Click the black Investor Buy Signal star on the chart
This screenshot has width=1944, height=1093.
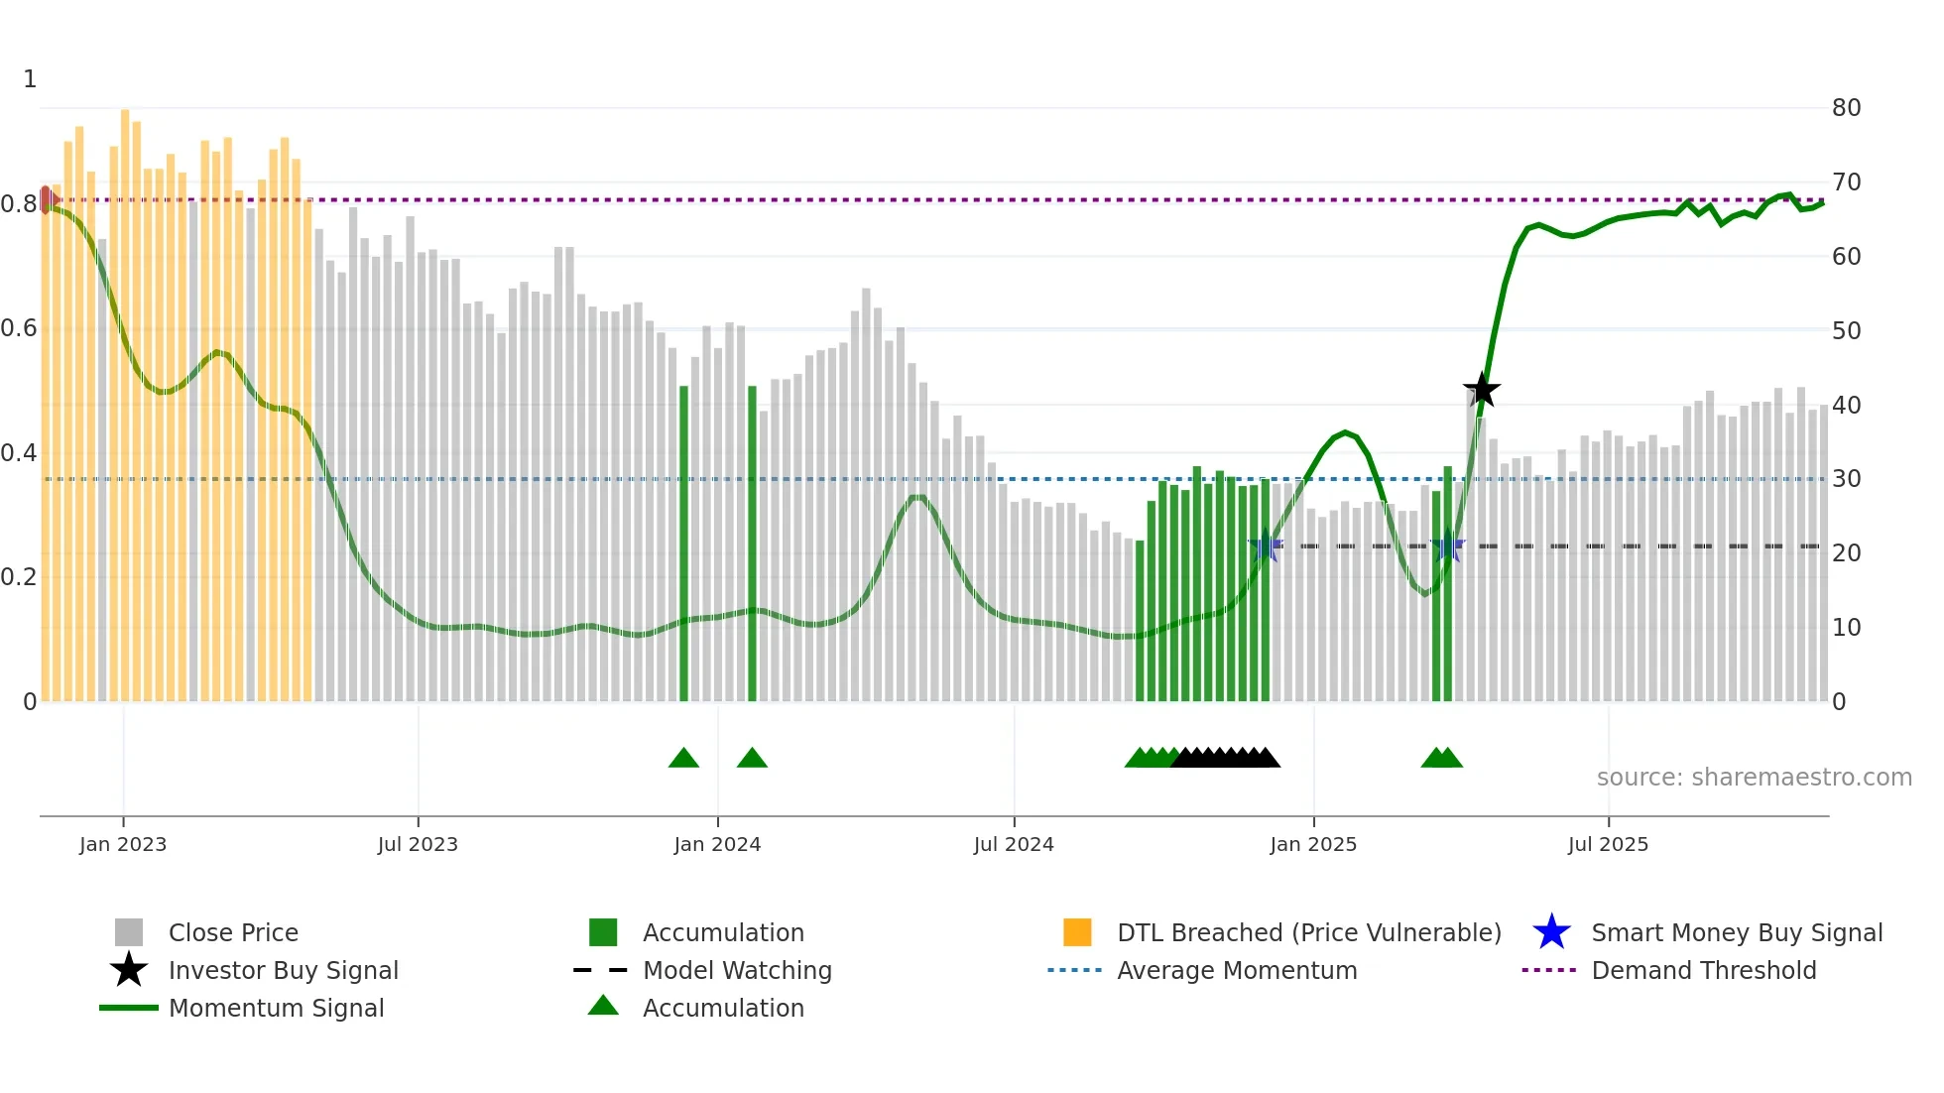(x=1481, y=390)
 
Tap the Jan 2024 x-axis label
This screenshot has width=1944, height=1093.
(x=717, y=844)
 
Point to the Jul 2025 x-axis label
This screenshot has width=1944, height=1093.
(x=1608, y=844)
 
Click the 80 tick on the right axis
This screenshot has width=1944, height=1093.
(x=1846, y=108)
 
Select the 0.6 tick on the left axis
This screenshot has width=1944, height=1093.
(x=19, y=328)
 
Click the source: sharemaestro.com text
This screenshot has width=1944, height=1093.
(x=1754, y=778)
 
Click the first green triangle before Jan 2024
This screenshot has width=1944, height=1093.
(x=683, y=759)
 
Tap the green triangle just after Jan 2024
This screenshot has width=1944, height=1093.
(x=752, y=759)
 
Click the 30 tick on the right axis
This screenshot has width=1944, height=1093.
(x=1846, y=479)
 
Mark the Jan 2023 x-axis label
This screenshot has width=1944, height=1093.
(x=123, y=844)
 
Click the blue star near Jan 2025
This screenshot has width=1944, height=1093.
(x=1265, y=546)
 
